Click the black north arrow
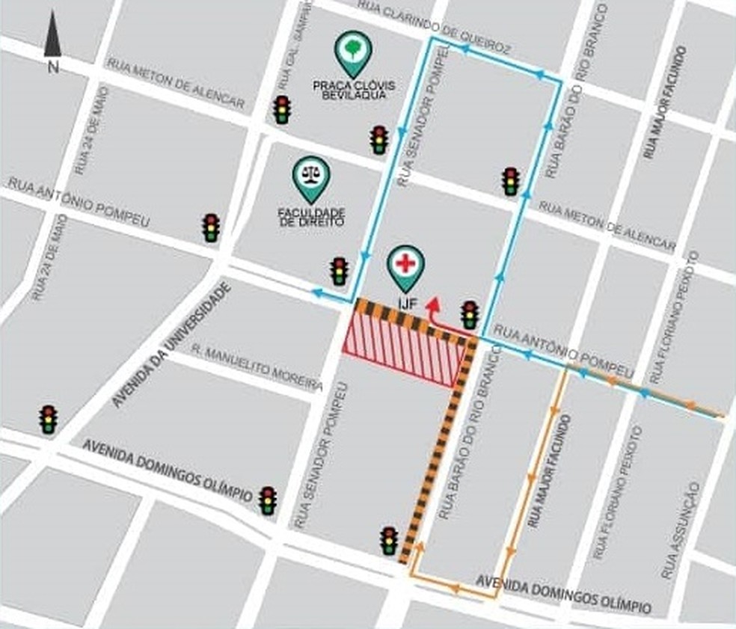coord(52,37)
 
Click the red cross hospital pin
coord(405,266)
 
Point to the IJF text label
coord(405,304)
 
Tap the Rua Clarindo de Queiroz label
coord(434,27)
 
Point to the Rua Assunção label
coord(681,531)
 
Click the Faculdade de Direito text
coord(310,218)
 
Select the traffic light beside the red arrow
coord(470,315)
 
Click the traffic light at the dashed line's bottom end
coord(389,541)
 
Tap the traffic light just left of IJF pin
coord(340,271)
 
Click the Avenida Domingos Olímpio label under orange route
coord(563,594)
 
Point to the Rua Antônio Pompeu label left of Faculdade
coord(79,203)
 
